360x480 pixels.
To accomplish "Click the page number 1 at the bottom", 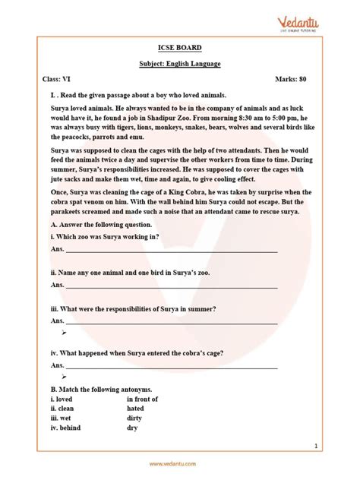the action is click(x=336, y=446).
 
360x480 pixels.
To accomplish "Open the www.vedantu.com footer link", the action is click(x=180, y=464).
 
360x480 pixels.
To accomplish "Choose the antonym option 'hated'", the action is click(x=136, y=408).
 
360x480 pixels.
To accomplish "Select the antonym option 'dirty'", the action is click(x=135, y=417).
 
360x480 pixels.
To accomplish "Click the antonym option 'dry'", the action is click(x=133, y=428).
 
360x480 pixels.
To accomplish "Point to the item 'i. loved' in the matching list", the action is click(x=62, y=398).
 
